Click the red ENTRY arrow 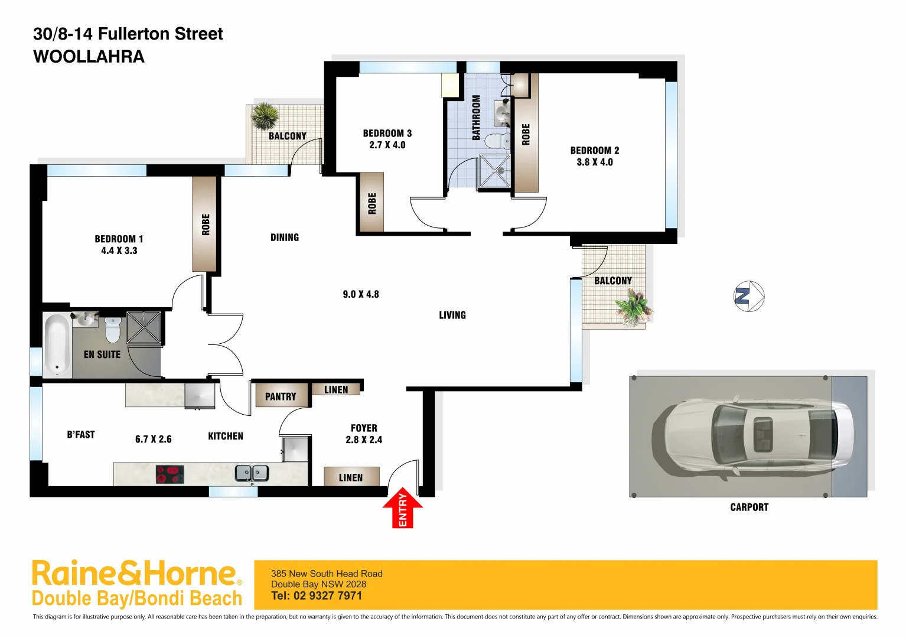[403, 508]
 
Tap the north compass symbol [749, 296]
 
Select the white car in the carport [753, 435]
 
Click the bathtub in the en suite [57, 344]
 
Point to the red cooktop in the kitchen [170, 474]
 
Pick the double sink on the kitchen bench [252, 473]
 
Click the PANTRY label [281, 396]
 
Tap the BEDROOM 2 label [595, 151]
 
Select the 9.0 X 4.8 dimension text [361, 294]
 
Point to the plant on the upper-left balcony [265, 116]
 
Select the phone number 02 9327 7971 [327, 595]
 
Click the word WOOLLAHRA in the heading [89, 57]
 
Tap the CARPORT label [749, 507]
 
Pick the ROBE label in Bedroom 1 [206, 224]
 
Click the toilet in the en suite [113, 330]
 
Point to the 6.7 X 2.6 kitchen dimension [154, 439]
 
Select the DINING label [285, 237]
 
